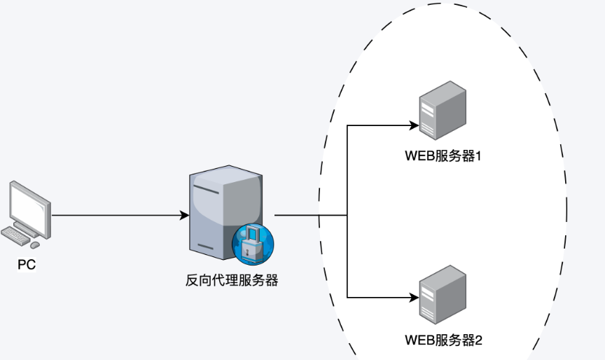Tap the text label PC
(x=27, y=265)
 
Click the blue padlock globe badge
(x=253, y=245)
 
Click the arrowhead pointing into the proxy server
(x=184, y=215)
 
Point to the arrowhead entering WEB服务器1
(x=412, y=126)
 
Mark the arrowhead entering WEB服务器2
(x=412, y=297)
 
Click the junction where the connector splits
(x=348, y=215)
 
